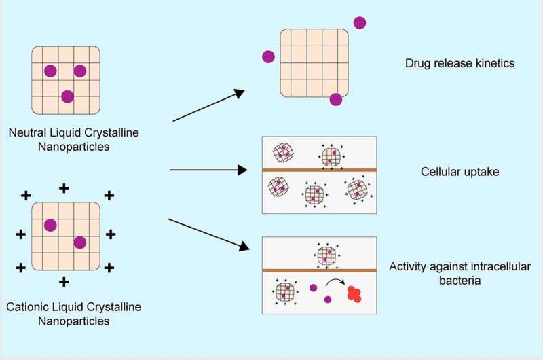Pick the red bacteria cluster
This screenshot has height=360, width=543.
(x=354, y=293)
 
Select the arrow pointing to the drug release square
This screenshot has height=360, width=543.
(x=208, y=105)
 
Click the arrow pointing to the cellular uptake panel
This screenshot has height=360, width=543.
(x=208, y=170)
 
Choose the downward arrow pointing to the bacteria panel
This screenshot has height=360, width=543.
(x=208, y=235)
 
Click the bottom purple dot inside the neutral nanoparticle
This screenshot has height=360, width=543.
(x=67, y=96)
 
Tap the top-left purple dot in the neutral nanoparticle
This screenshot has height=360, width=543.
(x=50, y=70)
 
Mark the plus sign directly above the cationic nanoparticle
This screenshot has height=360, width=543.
(x=64, y=187)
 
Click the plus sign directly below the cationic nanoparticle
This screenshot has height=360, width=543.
(x=64, y=281)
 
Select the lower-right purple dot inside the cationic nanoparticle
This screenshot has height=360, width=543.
(x=80, y=242)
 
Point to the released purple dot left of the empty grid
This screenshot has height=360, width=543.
(x=268, y=57)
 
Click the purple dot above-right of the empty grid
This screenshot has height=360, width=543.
(x=359, y=22)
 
